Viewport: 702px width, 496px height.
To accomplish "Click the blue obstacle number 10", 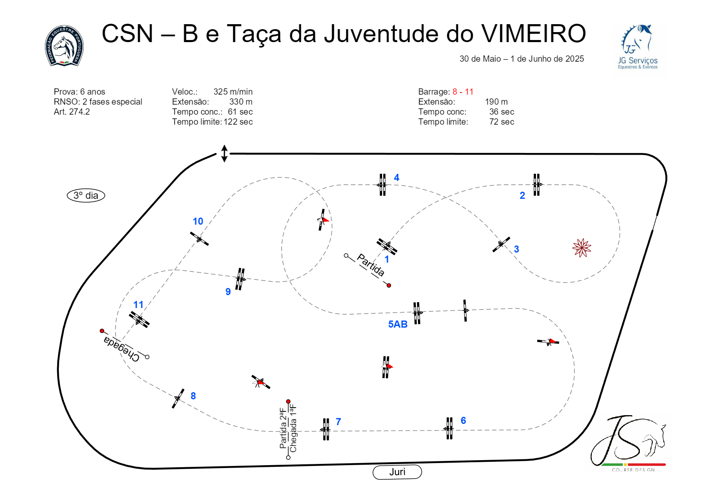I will (x=198, y=221).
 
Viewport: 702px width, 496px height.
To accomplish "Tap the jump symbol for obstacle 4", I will (x=382, y=185).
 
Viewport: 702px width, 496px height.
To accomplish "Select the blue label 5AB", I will (x=398, y=324).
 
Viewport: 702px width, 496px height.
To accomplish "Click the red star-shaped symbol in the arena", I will (x=581, y=248).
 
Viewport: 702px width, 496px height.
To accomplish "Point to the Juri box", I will (x=397, y=472).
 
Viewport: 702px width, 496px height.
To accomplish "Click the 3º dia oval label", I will (x=86, y=195).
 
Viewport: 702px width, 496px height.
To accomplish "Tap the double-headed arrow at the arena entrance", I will (x=224, y=153).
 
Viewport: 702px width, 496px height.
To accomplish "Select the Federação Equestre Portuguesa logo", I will (x=64, y=45).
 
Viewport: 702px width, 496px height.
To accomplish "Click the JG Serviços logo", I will (x=638, y=47).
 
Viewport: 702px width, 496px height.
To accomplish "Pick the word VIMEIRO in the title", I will (x=533, y=34).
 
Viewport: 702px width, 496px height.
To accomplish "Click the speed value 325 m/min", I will (x=233, y=92).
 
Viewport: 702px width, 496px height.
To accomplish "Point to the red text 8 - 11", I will (x=463, y=92).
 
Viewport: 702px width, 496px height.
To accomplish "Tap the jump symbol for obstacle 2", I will (x=536, y=185).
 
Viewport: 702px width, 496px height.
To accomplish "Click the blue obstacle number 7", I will (x=338, y=422).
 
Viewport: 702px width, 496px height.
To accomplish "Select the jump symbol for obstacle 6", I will (x=449, y=428).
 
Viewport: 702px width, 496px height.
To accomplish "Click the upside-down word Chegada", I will (x=121, y=348).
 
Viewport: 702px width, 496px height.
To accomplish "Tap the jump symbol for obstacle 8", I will (x=178, y=398).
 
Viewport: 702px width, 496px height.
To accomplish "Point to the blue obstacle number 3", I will (x=516, y=249).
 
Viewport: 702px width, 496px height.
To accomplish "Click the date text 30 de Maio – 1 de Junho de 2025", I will (x=521, y=59).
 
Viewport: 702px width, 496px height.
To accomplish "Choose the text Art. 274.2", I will (x=72, y=112).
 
